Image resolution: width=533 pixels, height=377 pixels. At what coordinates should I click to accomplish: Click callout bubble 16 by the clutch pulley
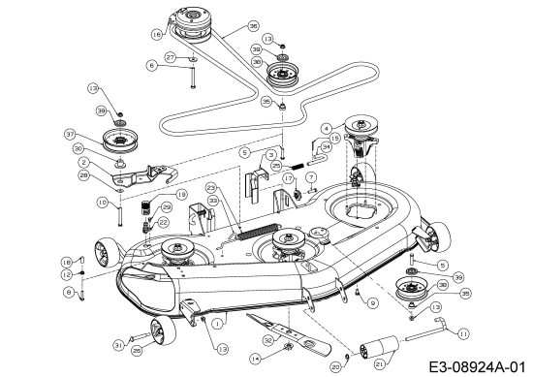pyautogui.click(x=156, y=33)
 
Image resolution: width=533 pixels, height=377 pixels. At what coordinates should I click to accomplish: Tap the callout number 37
pyautogui.click(x=97, y=134)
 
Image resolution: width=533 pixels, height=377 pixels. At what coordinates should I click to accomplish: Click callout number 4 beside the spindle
pyautogui.click(x=328, y=126)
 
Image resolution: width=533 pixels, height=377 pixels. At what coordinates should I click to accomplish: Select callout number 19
pyautogui.click(x=180, y=194)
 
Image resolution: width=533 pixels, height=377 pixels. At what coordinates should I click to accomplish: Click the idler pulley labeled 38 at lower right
pyautogui.click(x=412, y=288)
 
